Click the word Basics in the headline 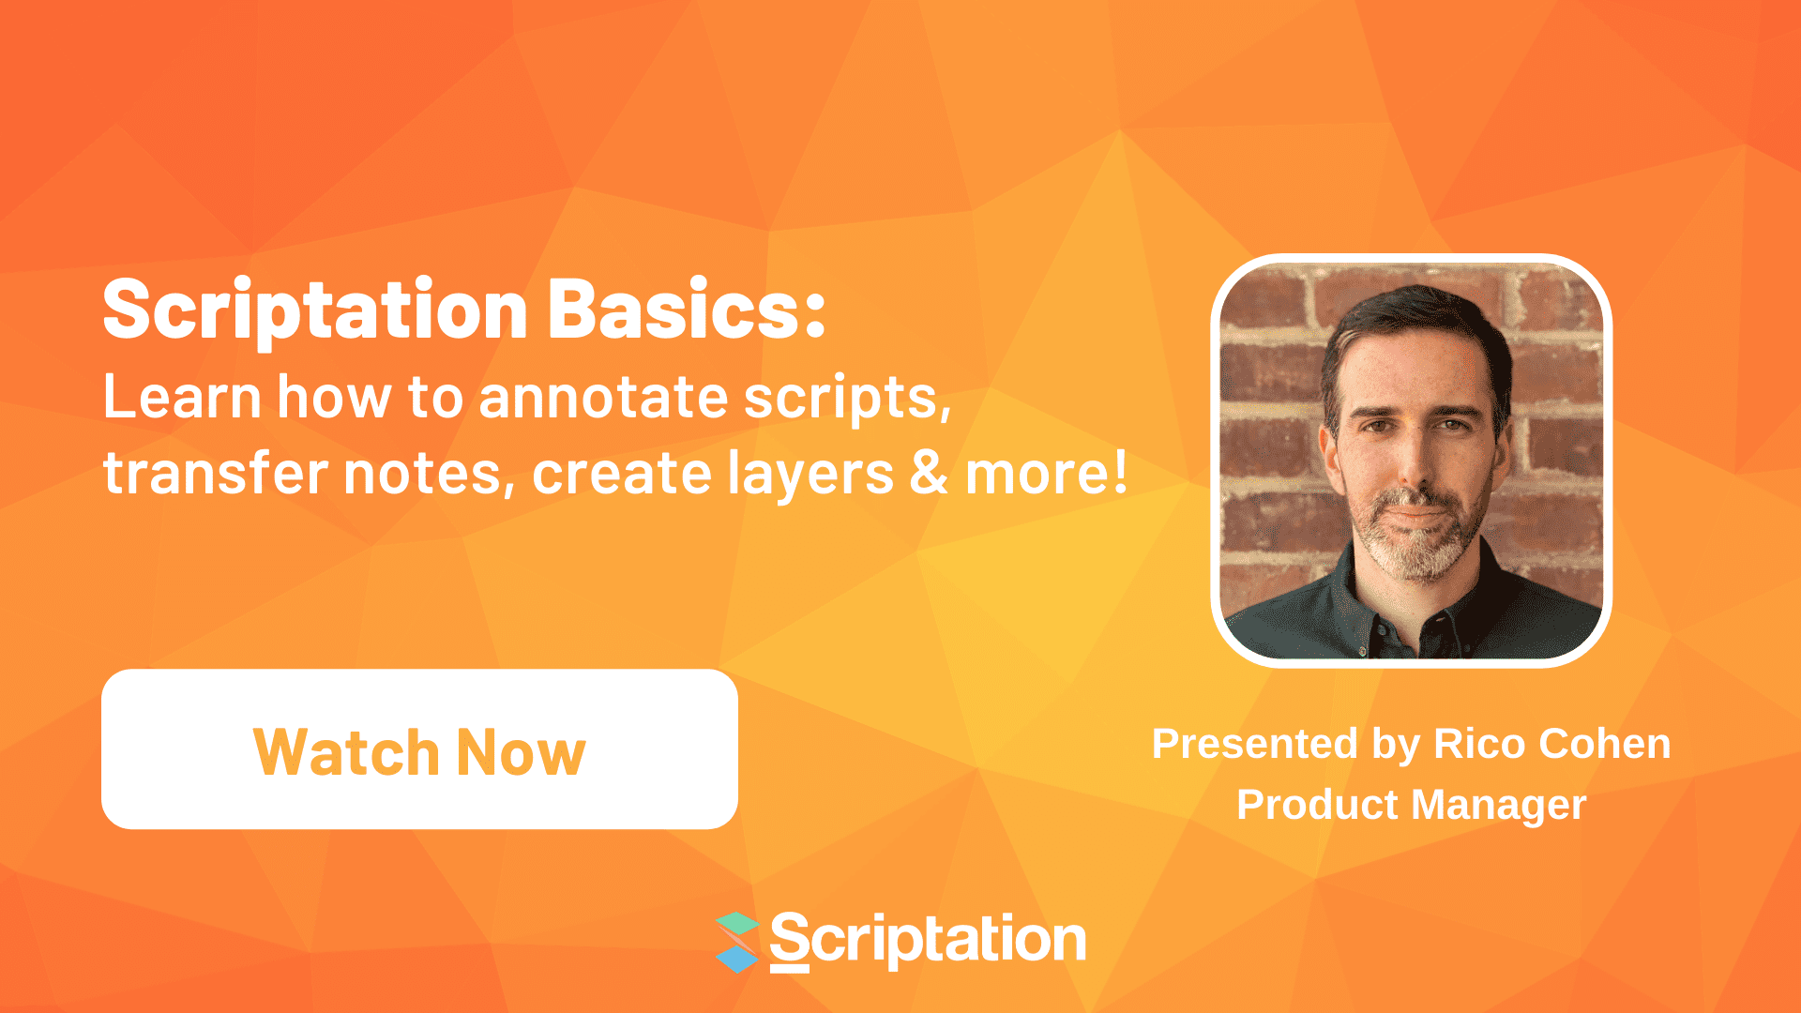[x=686, y=310]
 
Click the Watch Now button [x=419, y=749]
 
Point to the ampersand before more [x=929, y=473]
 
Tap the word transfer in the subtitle [x=213, y=473]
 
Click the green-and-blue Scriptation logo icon [x=738, y=942]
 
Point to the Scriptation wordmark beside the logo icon [x=928, y=940]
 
